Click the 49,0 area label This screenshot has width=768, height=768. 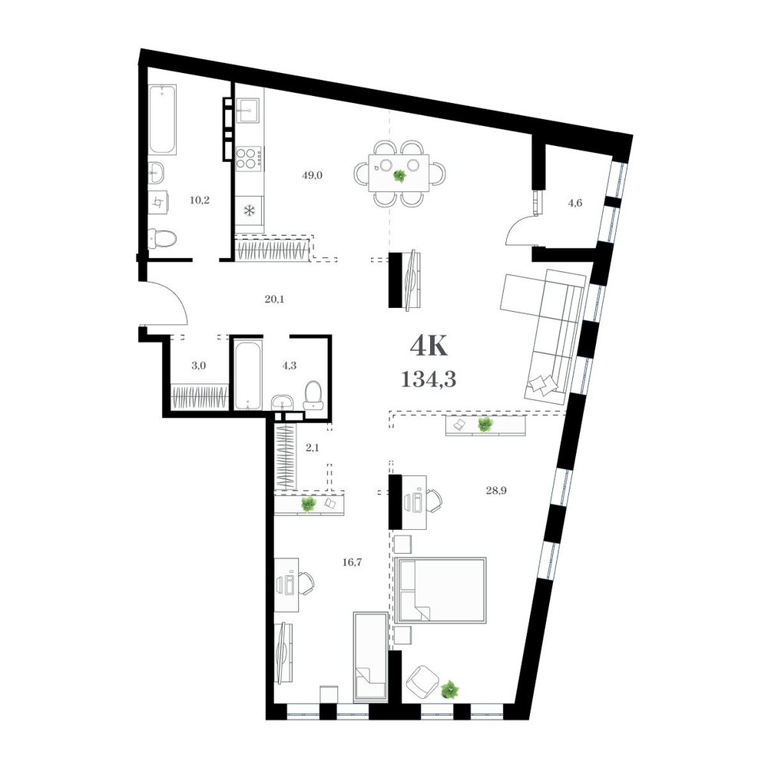coord(312,175)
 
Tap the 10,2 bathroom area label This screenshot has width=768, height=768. coord(200,200)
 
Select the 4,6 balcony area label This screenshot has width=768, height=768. coord(575,203)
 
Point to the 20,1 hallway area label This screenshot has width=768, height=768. coord(274,299)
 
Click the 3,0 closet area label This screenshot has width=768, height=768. coord(198,366)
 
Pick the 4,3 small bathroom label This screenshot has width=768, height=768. coord(290,366)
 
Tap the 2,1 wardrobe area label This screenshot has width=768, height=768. coord(312,447)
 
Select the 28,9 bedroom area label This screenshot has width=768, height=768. coord(496,490)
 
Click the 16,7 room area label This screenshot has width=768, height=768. coord(352,562)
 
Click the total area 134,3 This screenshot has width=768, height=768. coord(429,379)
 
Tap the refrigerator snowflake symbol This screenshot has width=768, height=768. coord(250,211)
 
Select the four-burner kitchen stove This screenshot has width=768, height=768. coord(250,158)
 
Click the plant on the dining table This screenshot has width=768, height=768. coord(399,175)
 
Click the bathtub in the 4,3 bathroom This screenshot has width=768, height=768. coord(248,376)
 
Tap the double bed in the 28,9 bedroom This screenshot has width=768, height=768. coord(440,590)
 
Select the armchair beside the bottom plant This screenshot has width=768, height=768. coord(422,682)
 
